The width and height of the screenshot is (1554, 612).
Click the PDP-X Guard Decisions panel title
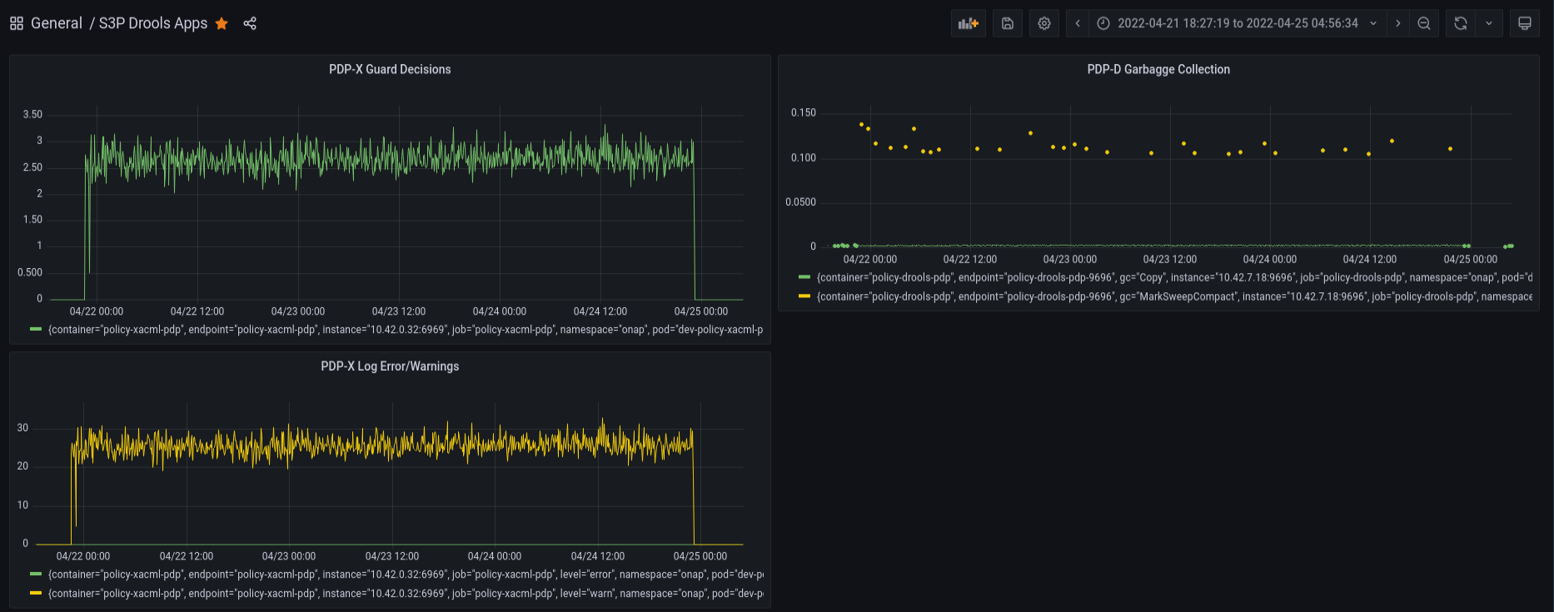coord(390,69)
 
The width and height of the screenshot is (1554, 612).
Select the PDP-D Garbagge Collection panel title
coord(1158,69)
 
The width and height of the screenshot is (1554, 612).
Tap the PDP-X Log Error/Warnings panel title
coord(390,366)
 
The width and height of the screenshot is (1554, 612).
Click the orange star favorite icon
coord(222,23)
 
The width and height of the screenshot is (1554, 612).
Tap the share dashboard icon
coord(250,23)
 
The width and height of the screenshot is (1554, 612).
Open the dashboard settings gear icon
coord(1044,23)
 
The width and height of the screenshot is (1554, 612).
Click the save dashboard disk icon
coord(1008,23)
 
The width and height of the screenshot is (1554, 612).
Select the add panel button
coord(969,23)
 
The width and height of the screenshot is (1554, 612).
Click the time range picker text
coord(1238,23)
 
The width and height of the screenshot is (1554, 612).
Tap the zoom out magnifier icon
coord(1424,23)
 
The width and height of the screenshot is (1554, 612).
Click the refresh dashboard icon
coord(1461,23)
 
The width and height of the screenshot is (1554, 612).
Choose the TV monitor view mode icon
coord(1525,23)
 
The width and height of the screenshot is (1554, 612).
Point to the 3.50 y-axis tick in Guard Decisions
coord(32,114)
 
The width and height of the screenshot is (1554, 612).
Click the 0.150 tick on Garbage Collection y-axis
coord(804,112)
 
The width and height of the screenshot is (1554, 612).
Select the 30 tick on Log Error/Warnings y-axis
coord(22,428)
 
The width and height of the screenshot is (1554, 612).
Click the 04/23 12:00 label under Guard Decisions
coord(399,311)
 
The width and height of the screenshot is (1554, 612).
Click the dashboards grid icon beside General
coord(17,23)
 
